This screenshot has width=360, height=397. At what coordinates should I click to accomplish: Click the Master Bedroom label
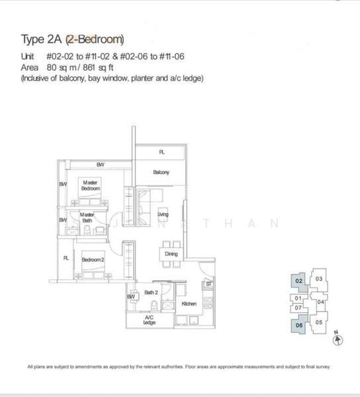click(90, 185)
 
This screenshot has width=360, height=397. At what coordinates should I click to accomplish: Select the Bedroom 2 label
click(93, 259)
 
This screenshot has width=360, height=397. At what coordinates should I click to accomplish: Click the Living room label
click(163, 215)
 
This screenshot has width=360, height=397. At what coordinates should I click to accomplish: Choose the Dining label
click(171, 253)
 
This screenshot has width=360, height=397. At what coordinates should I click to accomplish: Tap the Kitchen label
click(189, 304)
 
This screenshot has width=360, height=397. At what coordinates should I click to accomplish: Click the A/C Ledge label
click(149, 321)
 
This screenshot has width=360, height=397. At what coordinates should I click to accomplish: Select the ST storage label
click(208, 284)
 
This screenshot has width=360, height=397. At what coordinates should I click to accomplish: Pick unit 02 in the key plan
click(298, 281)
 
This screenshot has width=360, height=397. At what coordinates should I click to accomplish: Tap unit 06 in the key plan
click(298, 325)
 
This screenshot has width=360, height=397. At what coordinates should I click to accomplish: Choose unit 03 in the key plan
click(318, 279)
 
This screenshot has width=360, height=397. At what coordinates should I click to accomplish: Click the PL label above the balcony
click(161, 152)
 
